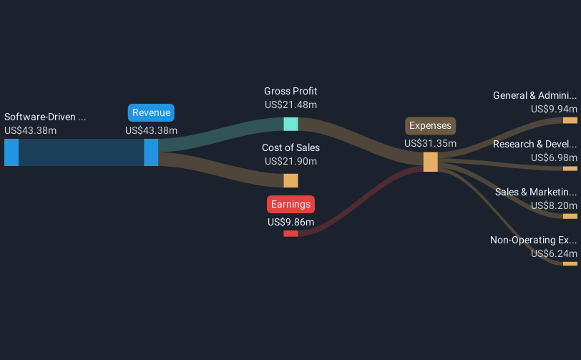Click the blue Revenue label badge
[x=151, y=112]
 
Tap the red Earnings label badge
[x=291, y=204]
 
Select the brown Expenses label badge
[x=430, y=126]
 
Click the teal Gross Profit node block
[x=291, y=125]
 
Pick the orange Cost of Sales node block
[x=291, y=180]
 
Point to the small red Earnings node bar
[x=291, y=233]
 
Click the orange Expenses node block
[x=431, y=162]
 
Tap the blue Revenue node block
[x=151, y=152]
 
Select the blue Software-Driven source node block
[x=11, y=152]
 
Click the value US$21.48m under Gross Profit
[x=291, y=105]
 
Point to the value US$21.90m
[x=291, y=161]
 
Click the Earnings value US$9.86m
[x=291, y=222]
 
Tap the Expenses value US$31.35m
[x=430, y=143]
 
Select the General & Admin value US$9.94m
[x=554, y=109]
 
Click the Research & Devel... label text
[x=535, y=144]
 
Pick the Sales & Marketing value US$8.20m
[x=554, y=205]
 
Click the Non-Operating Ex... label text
[x=534, y=240]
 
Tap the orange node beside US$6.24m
[x=570, y=264]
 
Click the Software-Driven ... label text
[x=45, y=117]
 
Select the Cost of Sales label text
[x=291, y=147]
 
